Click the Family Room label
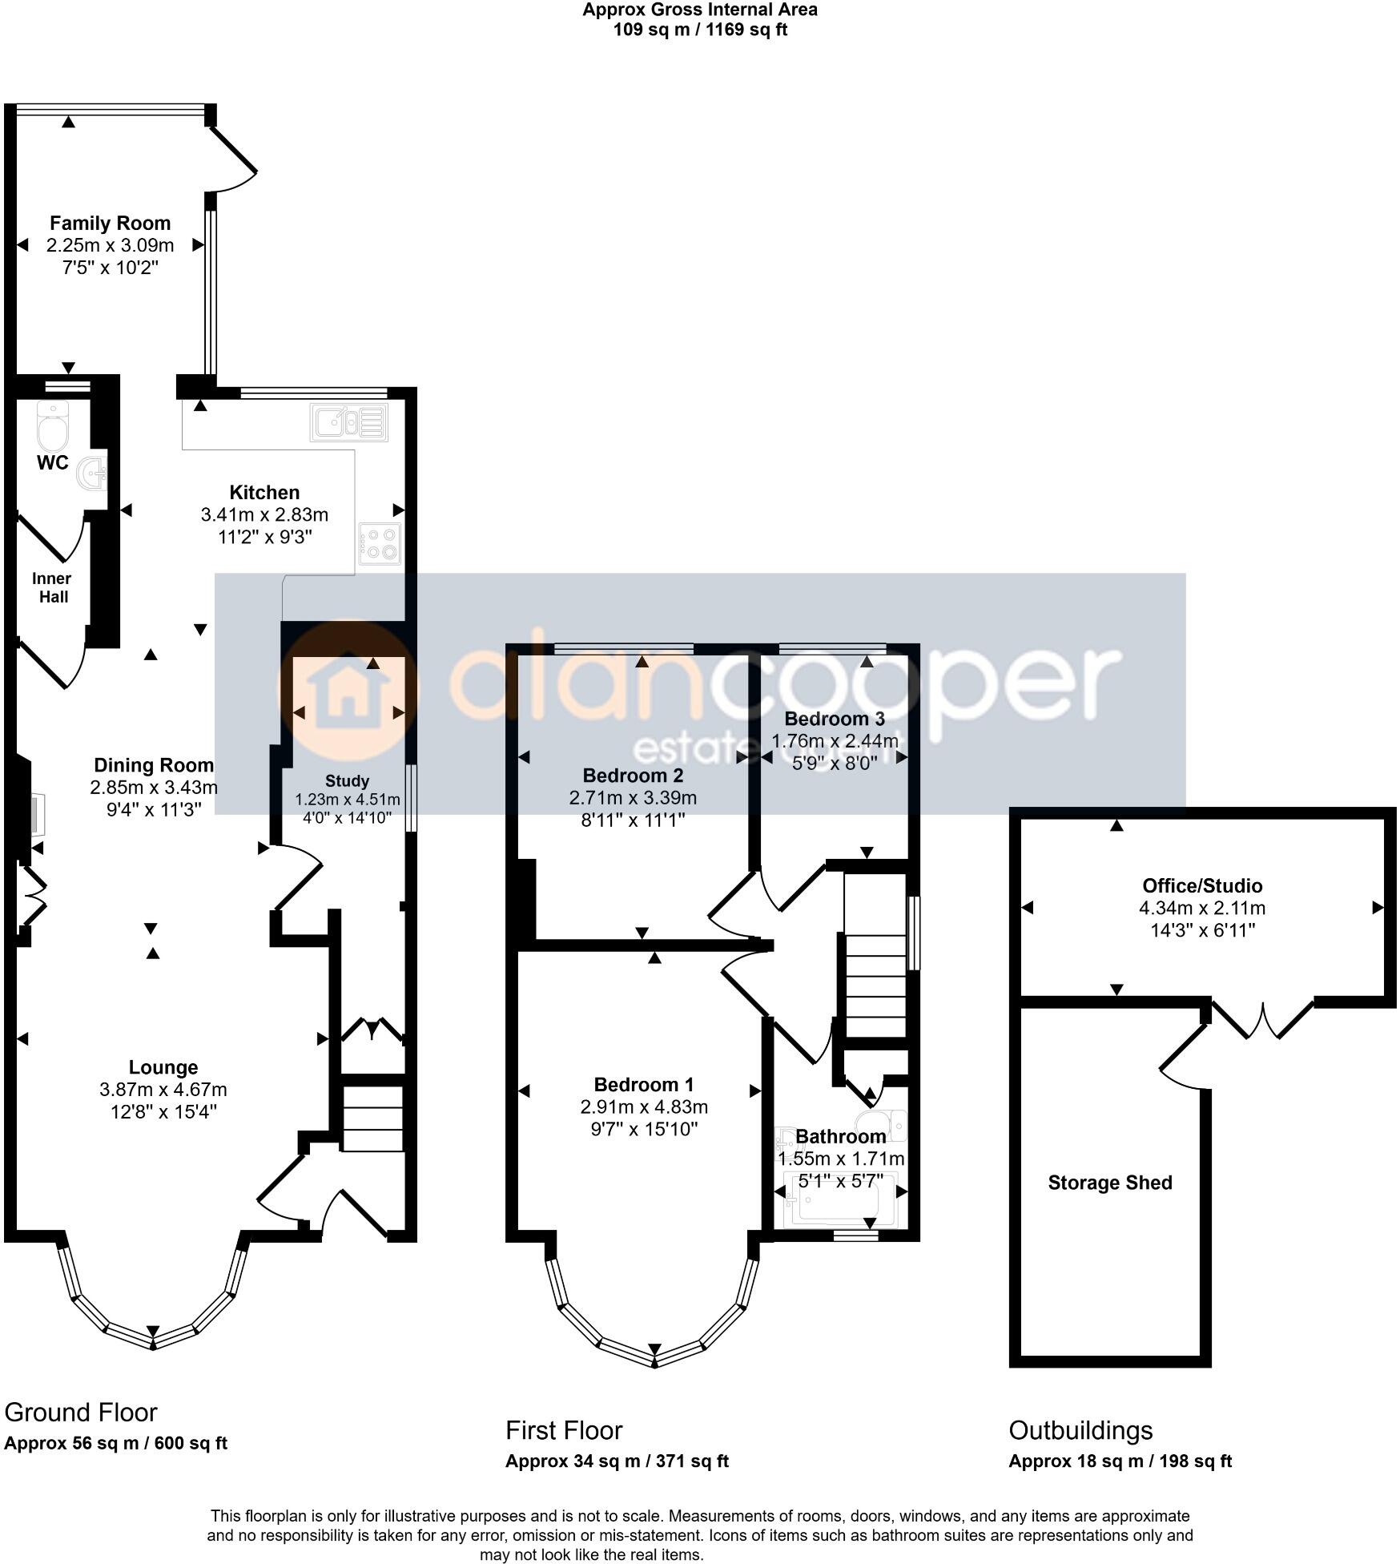coord(110,224)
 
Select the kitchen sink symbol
coord(349,422)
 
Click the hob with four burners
coord(380,544)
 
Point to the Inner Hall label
coord(51,587)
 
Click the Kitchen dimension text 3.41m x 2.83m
coord(264,514)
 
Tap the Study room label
coord(347,780)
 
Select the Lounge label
coord(163,1067)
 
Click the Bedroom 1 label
coord(643,1085)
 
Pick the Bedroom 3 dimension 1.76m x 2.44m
coord(835,741)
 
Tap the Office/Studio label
coord(1201,886)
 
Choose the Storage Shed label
coord(1109,1183)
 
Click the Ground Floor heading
coord(81,1412)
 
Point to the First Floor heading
coord(563,1430)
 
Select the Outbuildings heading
coord(1080,1430)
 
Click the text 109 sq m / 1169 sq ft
coord(700,30)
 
